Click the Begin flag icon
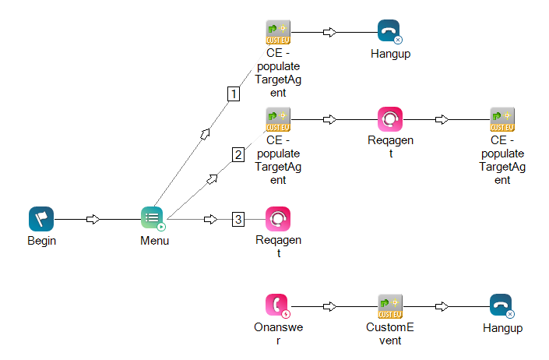pyautogui.click(x=41, y=219)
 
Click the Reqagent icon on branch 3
pyautogui.click(x=278, y=219)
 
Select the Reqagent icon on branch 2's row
pyautogui.click(x=389, y=119)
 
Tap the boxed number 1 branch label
pyautogui.click(x=233, y=94)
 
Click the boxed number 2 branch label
pyautogui.click(x=238, y=154)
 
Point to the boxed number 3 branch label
pyautogui.click(x=238, y=220)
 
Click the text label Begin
pyautogui.click(x=41, y=241)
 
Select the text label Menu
pyautogui.click(x=154, y=241)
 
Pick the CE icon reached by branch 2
pyautogui.click(x=278, y=119)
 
